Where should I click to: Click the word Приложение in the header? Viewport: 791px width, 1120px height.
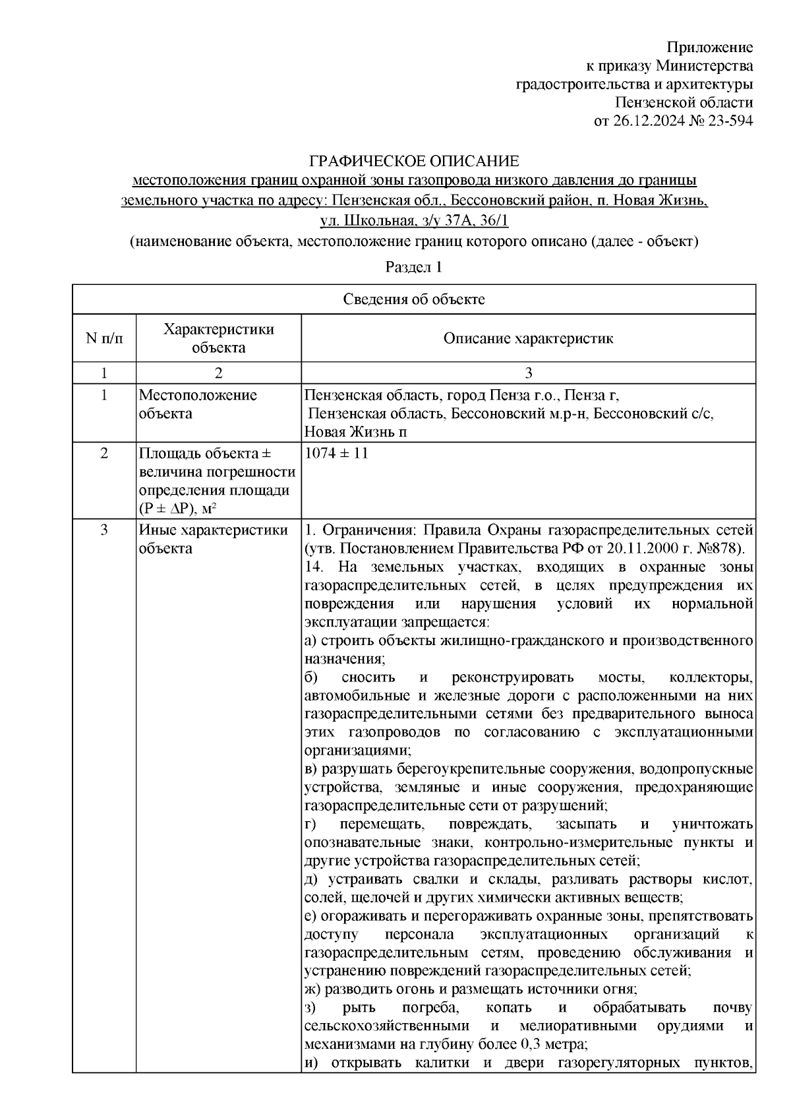click(709, 47)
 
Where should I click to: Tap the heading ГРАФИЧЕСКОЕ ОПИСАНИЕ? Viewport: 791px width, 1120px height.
click(414, 162)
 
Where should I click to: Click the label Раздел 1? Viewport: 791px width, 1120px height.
click(413, 268)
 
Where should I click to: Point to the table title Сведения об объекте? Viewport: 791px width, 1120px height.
click(413, 299)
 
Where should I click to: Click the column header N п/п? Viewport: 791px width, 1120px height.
click(103, 338)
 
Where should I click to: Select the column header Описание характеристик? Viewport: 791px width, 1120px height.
click(528, 338)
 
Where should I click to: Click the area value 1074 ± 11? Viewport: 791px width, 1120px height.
click(336, 454)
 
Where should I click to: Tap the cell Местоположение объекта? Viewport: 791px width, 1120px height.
click(198, 404)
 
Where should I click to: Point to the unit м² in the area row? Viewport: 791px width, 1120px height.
click(210, 509)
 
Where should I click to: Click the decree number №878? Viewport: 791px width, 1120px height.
click(718, 549)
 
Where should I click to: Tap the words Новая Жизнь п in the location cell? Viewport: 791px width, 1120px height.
click(355, 432)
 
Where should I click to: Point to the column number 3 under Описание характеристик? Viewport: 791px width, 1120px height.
click(528, 373)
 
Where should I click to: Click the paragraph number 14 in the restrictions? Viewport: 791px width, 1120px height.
click(314, 567)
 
